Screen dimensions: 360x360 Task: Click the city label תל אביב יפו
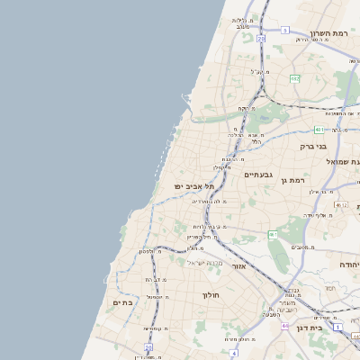(x=192, y=185)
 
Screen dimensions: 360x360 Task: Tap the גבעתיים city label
(x=258, y=175)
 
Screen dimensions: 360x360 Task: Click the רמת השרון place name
(x=328, y=33)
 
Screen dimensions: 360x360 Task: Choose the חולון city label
(x=211, y=294)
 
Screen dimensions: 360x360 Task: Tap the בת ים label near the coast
(x=122, y=303)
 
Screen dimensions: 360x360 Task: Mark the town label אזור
(x=238, y=266)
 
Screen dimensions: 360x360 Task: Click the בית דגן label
(x=309, y=328)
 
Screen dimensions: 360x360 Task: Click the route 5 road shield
(x=284, y=31)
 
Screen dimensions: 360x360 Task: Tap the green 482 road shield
(x=294, y=79)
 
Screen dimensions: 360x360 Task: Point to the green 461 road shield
(x=273, y=234)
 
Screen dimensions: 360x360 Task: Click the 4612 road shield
(x=340, y=205)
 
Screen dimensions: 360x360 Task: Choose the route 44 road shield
(x=284, y=326)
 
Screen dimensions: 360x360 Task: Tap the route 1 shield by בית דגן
(x=337, y=328)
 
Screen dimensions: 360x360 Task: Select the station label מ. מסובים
(x=301, y=246)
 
